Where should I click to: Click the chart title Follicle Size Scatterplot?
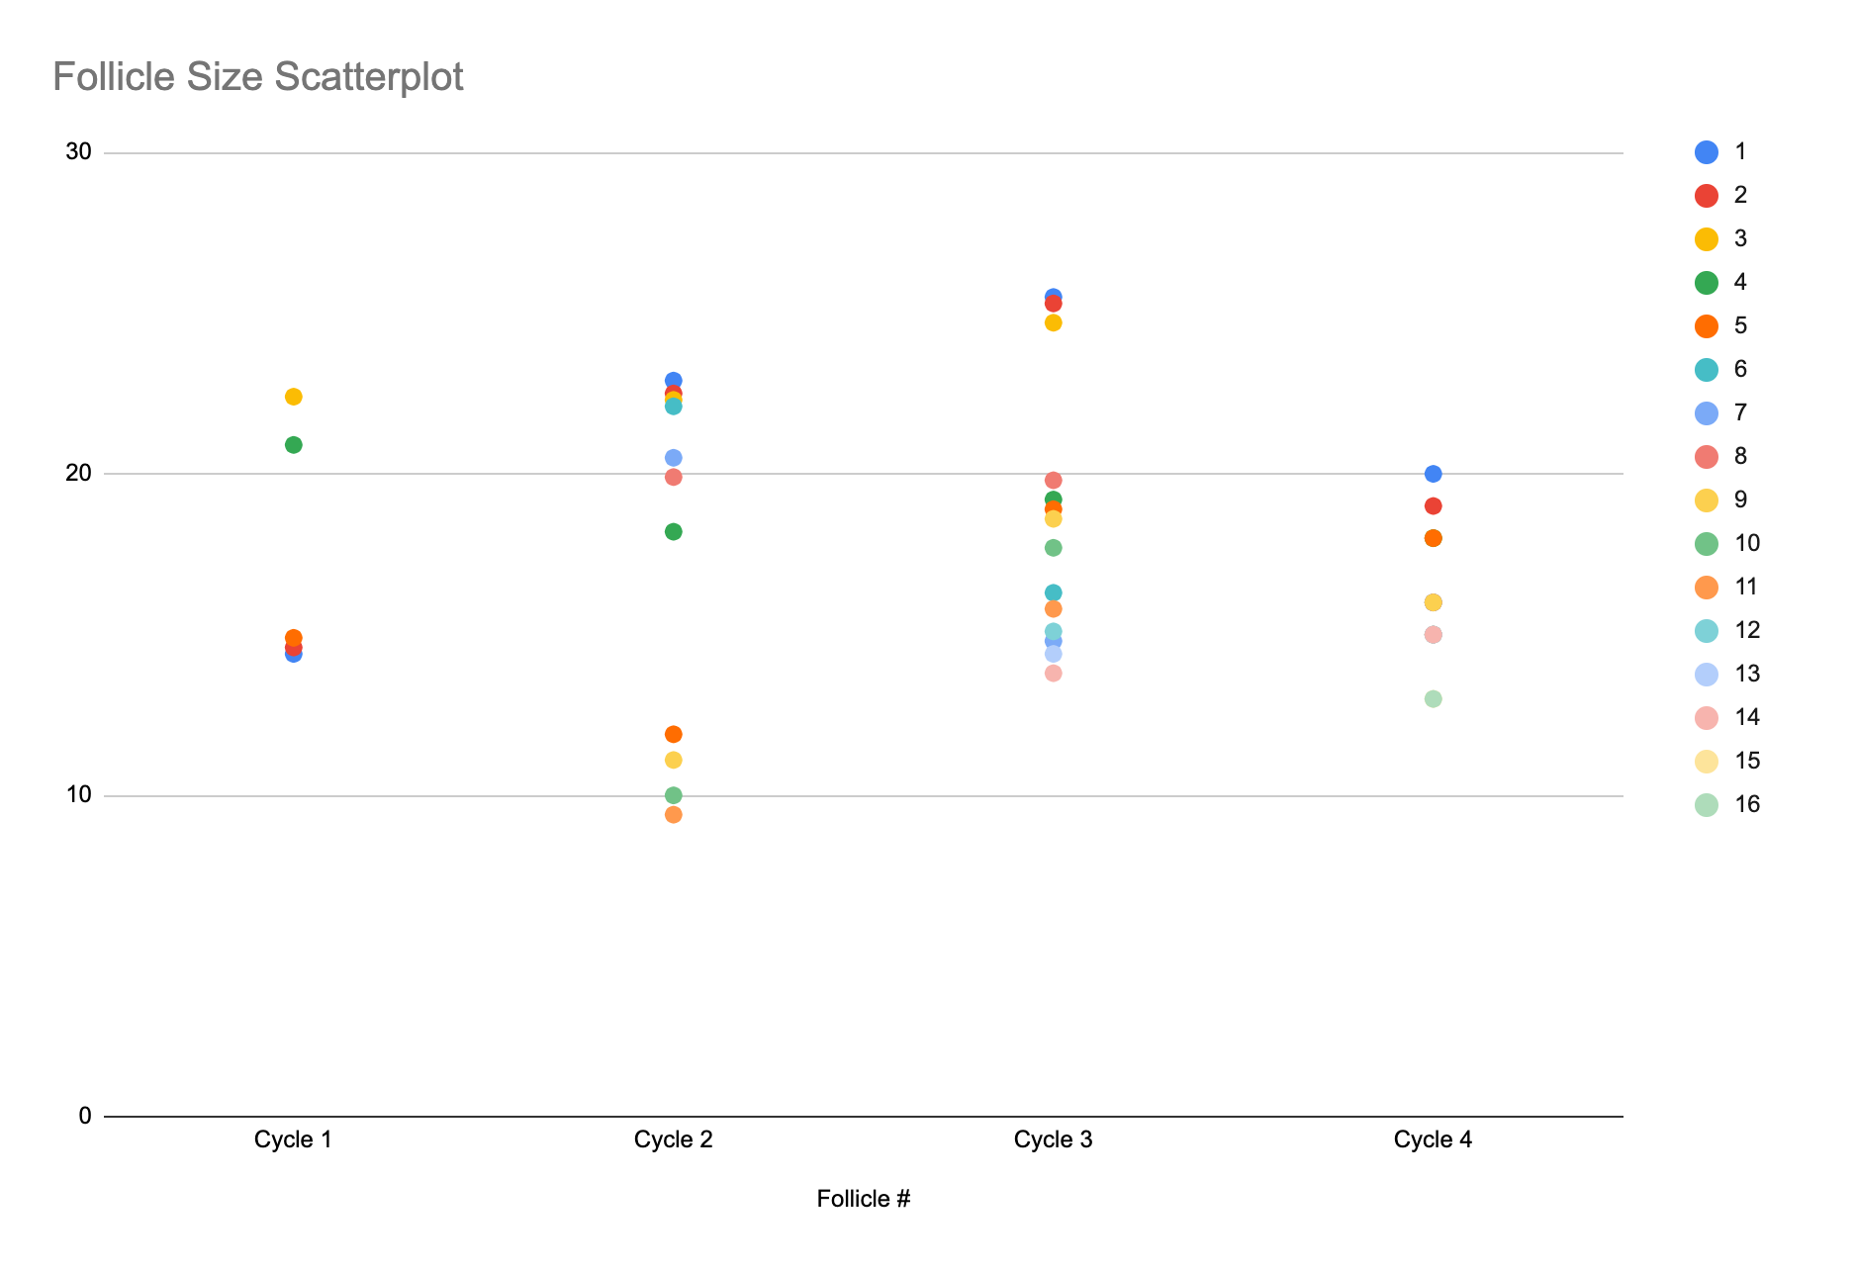click(258, 77)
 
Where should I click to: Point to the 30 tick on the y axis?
click(78, 152)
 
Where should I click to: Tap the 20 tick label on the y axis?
click(78, 474)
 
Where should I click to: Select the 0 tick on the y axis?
click(85, 1117)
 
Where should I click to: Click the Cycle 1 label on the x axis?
click(293, 1140)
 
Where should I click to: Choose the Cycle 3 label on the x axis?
click(1053, 1140)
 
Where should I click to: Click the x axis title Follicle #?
click(863, 1200)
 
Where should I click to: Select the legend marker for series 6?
click(1707, 370)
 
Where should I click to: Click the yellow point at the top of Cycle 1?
click(294, 397)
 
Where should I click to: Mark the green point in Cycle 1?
click(294, 445)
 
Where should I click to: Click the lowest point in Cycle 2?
click(674, 815)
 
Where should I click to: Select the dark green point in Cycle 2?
click(674, 532)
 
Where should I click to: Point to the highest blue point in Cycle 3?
click(1054, 297)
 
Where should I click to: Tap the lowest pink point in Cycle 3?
click(1054, 674)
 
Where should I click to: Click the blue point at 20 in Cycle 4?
click(1434, 474)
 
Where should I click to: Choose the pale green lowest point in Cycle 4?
click(1434, 699)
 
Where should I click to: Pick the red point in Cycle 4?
click(1434, 506)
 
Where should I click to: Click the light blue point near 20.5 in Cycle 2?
click(674, 458)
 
